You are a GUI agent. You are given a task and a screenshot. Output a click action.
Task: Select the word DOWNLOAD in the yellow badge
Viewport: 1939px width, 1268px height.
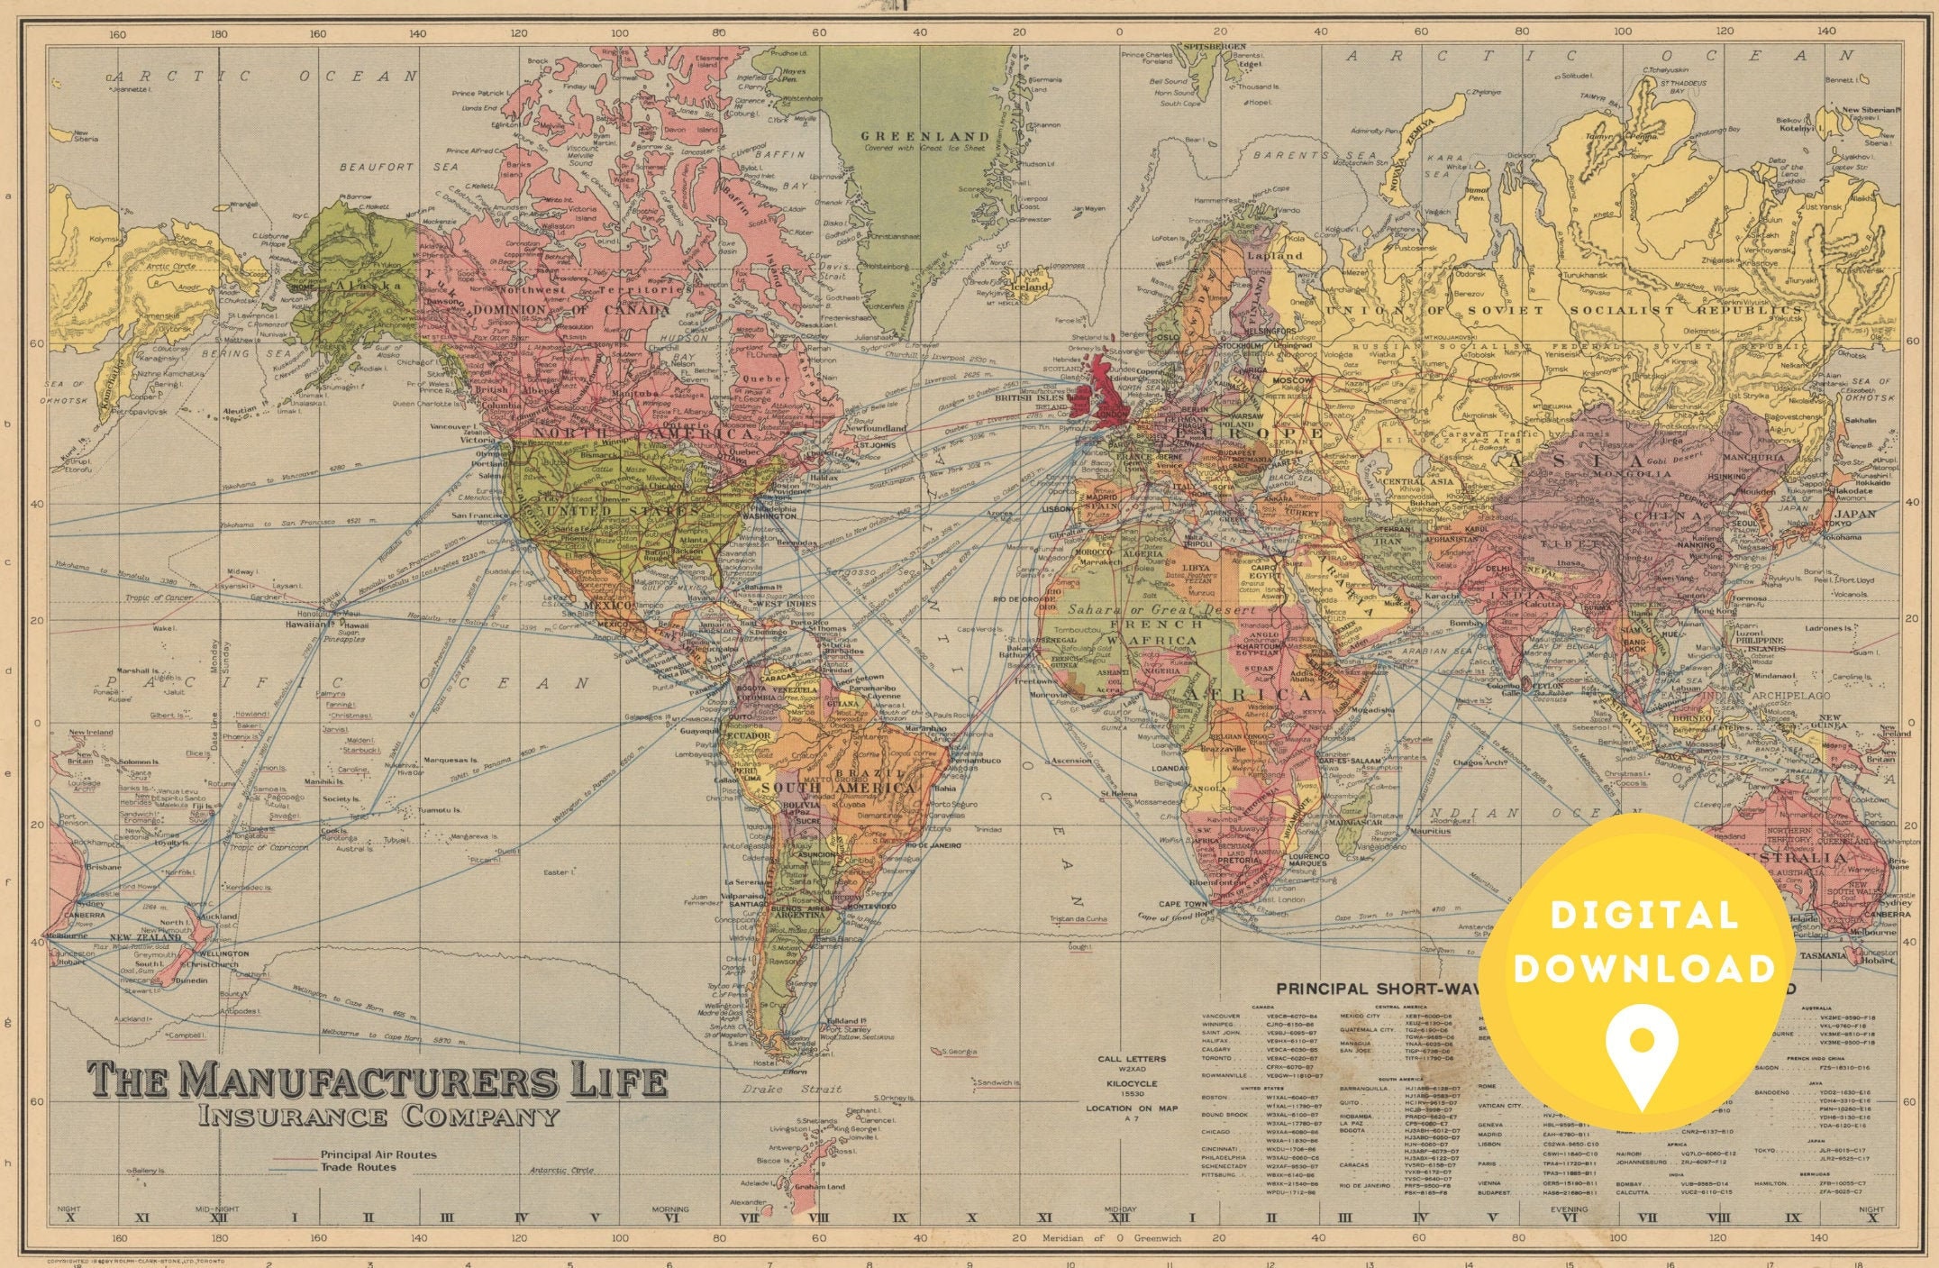point(1644,969)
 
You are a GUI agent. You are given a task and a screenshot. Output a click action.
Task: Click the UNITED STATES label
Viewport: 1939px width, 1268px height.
point(613,511)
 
